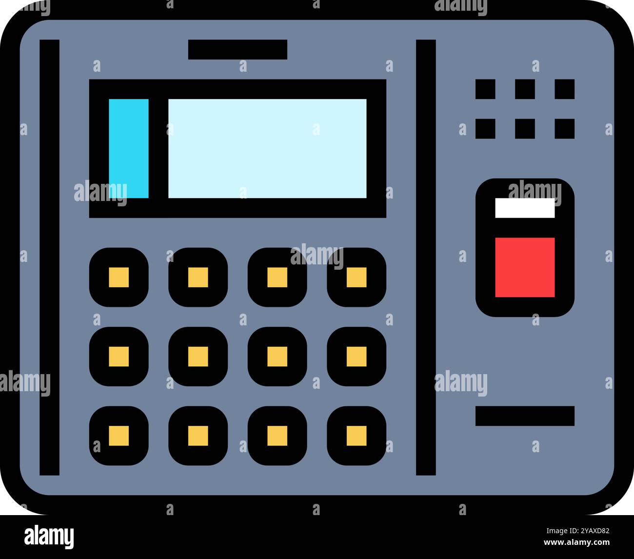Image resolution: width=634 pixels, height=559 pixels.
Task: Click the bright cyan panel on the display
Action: [x=129, y=148]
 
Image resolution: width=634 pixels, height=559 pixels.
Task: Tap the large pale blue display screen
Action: [x=267, y=148]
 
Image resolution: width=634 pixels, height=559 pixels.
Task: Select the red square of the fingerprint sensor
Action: [x=525, y=267]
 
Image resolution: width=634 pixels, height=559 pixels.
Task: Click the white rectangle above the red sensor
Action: [x=525, y=208]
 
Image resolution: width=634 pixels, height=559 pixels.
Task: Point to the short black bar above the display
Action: [x=238, y=49]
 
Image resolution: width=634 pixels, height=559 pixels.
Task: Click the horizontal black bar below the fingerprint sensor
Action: [x=525, y=416]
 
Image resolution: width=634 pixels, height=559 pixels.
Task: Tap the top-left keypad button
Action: [x=119, y=277]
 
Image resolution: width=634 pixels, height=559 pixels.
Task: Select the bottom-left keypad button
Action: [x=119, y=436]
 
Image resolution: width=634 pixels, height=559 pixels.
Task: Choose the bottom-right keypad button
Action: [x=357, y=436]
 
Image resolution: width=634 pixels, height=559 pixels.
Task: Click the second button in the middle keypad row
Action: [x=198, y=357]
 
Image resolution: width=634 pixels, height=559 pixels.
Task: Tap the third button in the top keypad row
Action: [x=277, y=277]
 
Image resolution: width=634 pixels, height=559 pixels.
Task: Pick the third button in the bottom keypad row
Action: [x=277, y=436]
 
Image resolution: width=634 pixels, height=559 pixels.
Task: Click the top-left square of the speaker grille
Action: [x=485, y=89]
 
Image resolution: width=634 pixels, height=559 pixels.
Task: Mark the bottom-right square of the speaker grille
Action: [x=565, y=129]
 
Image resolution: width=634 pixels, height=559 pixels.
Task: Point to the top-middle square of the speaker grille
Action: [x=525, y=89]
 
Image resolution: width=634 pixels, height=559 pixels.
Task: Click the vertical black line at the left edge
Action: [x=49, y=257]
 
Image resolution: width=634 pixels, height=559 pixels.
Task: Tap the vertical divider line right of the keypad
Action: [x=426, y=257]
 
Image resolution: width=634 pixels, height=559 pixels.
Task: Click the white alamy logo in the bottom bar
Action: [x=49, y=537]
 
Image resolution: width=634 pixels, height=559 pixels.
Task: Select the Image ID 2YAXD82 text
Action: [x=578, y=531]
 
